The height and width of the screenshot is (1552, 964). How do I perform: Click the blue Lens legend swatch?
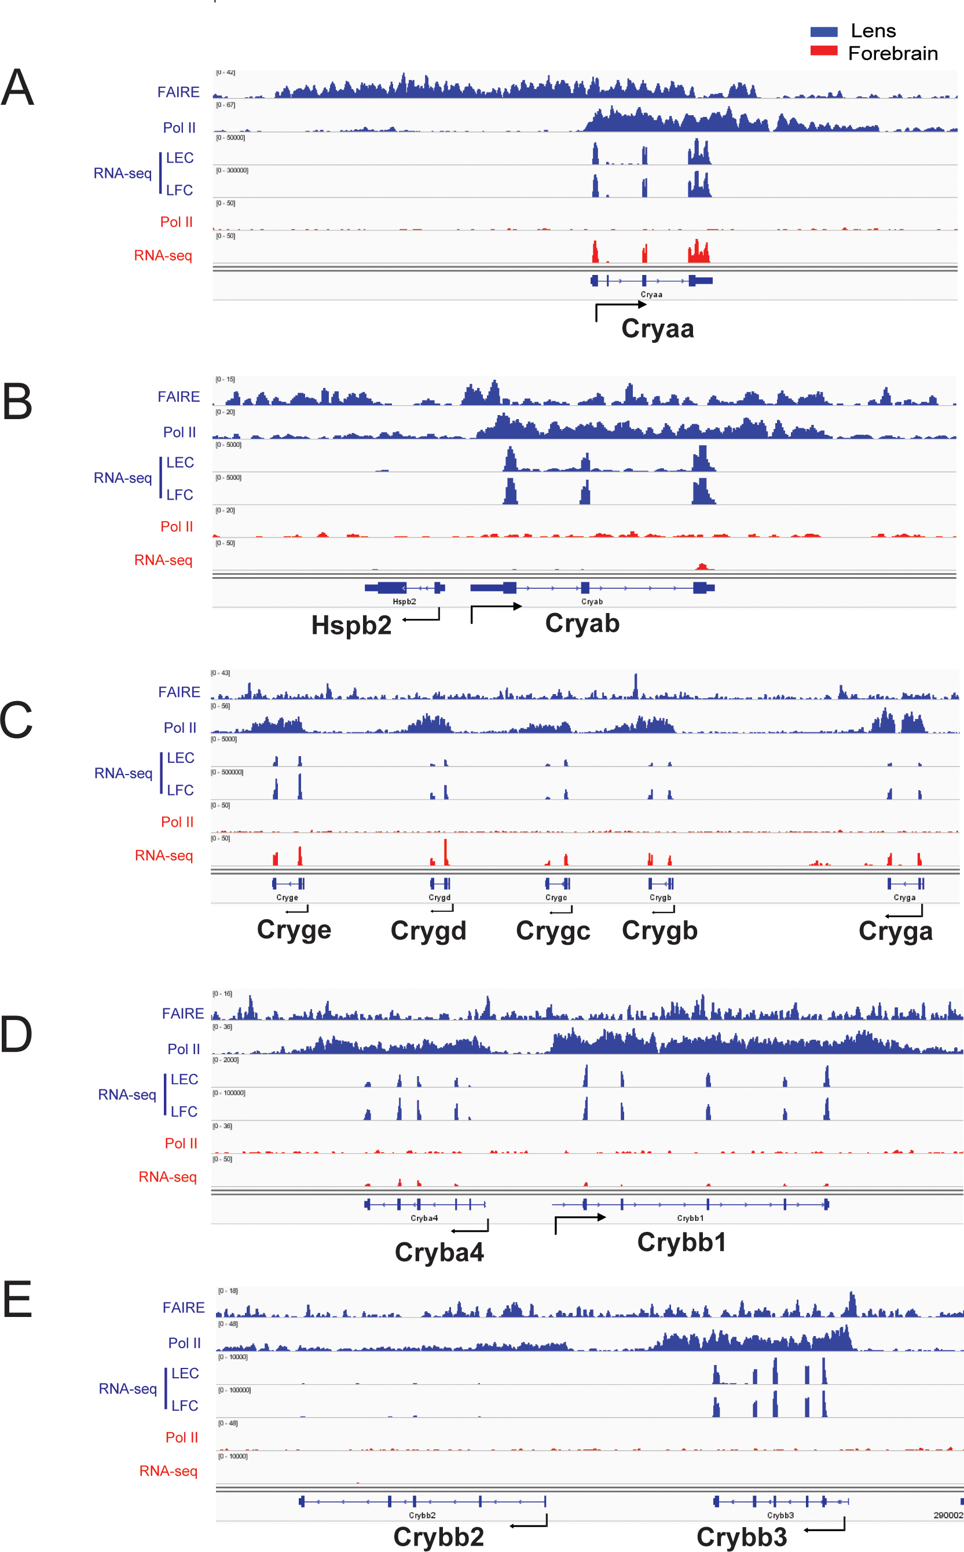click(x=823, y=32)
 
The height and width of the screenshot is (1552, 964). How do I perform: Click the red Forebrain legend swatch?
click(x=823, y=51)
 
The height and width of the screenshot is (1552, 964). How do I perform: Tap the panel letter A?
click(x=17, y=87)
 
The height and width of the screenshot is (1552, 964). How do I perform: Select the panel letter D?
click(x=16, y=1034)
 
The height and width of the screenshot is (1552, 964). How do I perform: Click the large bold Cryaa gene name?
click(x=657, y=329)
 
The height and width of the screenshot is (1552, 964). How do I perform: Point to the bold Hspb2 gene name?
click(x=351, y=625)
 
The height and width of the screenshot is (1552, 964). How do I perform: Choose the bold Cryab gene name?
click(x=582, y=623)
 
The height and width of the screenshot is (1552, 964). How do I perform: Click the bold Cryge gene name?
click(x=294, y=930)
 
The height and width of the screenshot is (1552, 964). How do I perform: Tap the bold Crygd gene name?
click(x=428, y=930)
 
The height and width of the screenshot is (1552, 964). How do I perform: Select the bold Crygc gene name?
click(x=553, y=930)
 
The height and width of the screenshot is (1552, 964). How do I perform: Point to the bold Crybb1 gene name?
click(x=681, y=1242)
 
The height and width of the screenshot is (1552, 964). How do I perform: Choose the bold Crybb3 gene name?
click(x=742, y=1538)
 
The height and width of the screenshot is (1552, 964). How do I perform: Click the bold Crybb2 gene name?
click(x=439, y=1538)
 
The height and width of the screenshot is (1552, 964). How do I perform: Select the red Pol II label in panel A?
click(x=176, y=222)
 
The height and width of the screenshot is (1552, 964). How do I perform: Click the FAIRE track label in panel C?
click(x=179, y=692)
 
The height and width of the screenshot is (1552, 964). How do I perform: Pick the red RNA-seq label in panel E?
click(x=168, y=1471)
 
